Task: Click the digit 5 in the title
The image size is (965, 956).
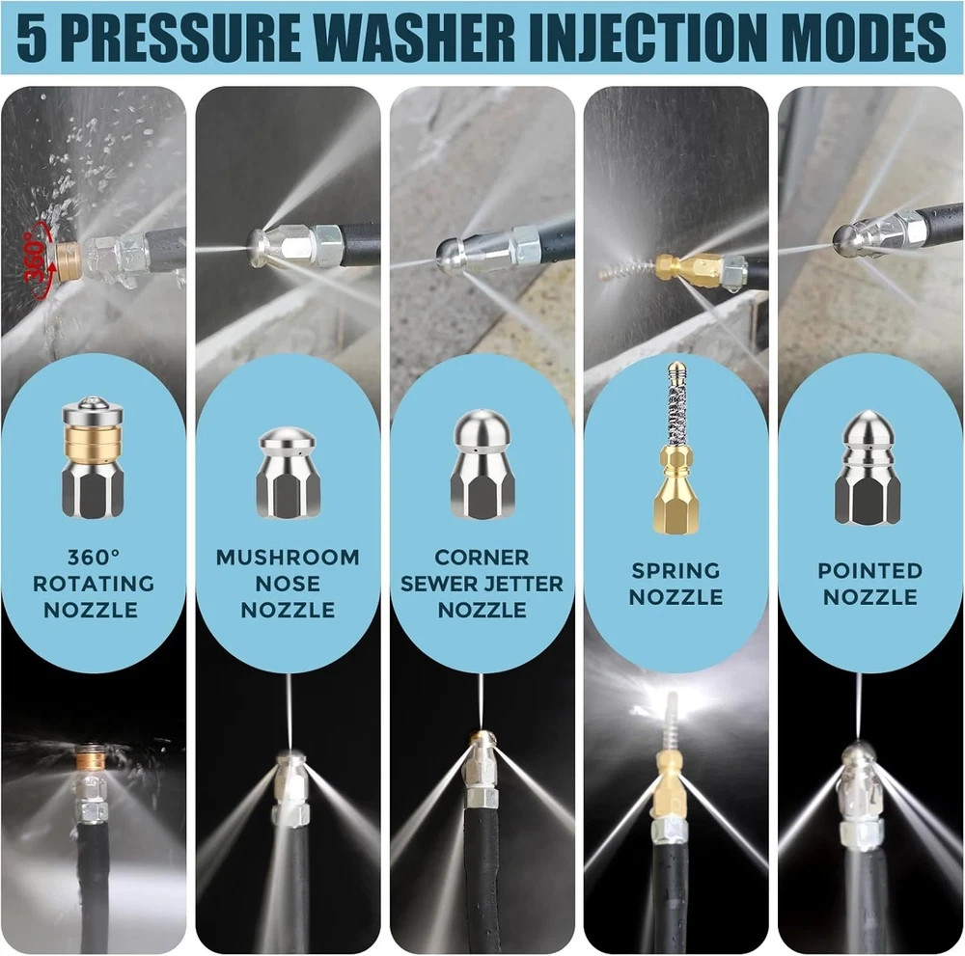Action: [32, 38]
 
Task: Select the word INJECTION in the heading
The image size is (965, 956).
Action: [650, 38]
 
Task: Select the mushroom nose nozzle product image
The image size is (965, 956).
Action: [288, 473]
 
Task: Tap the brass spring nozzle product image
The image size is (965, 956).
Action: [675, 448]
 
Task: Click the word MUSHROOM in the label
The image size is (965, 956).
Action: [288, 557]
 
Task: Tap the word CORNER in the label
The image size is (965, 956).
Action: [482, 557]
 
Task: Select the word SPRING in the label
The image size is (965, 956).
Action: [675, 570]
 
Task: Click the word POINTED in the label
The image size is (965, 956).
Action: [869, 570]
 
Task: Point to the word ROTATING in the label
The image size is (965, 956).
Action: [94, 584]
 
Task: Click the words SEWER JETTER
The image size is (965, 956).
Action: [482, 584]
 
